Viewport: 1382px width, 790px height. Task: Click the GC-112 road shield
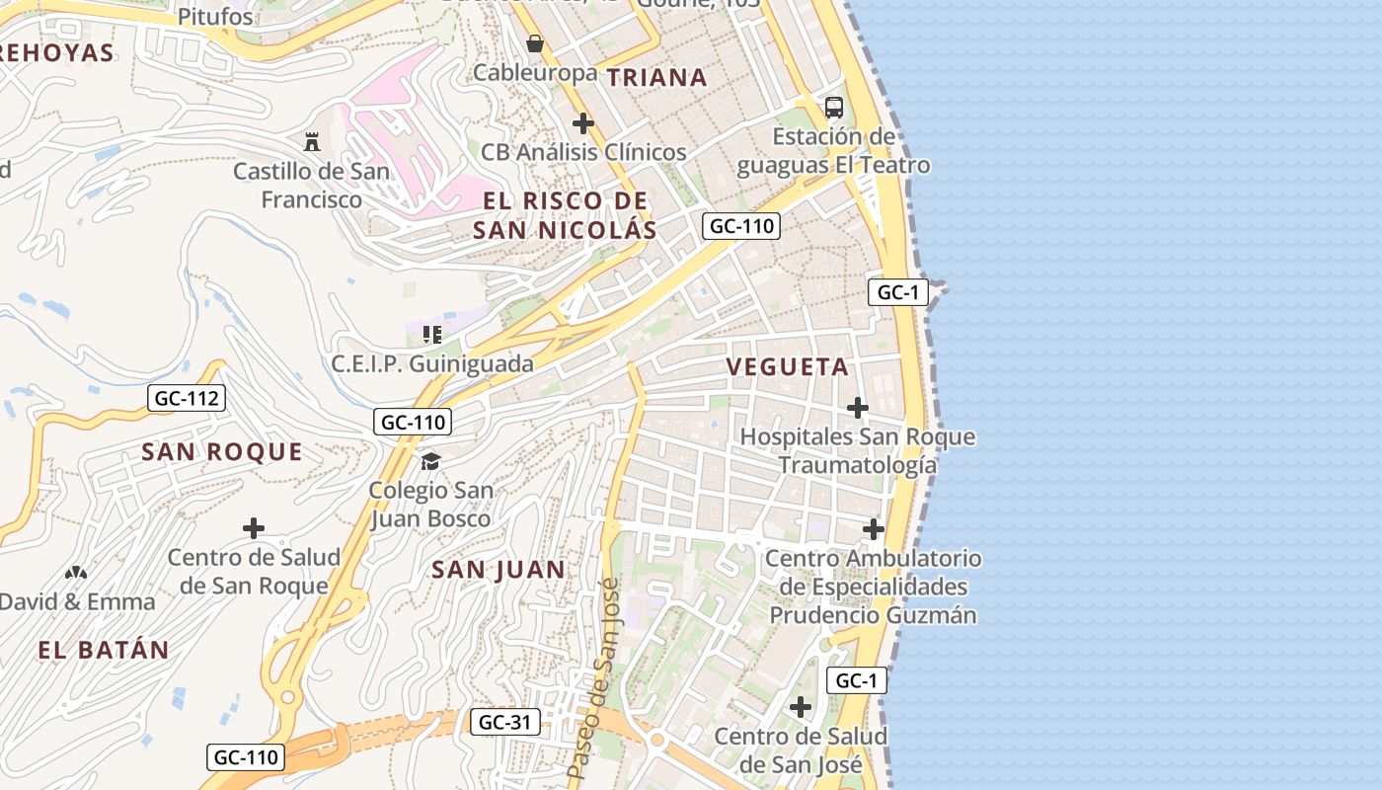(187, 398)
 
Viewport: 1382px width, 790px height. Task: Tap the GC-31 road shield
(504, 722)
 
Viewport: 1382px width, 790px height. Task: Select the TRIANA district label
(656, 77)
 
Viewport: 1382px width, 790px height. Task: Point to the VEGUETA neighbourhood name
(787, 366)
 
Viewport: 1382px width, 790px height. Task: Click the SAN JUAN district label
(499, 569)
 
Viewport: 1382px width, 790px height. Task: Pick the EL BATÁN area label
(104, 650)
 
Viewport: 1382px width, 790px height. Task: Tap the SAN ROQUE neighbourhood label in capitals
(222, 451)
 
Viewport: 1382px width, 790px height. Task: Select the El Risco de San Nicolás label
(565, 215)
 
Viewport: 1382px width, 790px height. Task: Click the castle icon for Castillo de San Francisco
(312, 141)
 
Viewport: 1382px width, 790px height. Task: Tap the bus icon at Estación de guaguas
(834, 107)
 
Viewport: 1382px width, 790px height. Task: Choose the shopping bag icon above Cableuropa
(535, 43)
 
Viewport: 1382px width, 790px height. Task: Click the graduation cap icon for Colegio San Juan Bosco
(430, 461)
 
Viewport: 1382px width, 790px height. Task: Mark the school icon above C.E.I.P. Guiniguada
(431, 334)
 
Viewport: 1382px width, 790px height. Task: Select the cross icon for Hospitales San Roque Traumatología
(858, 407)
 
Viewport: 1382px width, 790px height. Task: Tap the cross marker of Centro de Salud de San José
(801, 707)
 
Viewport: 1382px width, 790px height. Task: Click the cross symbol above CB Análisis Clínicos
(583, 123)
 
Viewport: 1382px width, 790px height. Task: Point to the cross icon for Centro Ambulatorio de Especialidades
(874, 529)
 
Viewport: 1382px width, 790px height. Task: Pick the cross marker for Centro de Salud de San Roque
(254, 527)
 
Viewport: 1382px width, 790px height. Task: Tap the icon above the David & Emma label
(76, 572)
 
